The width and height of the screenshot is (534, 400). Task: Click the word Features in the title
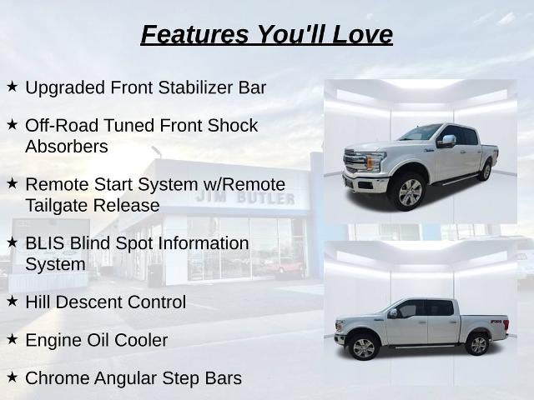coord(194,34)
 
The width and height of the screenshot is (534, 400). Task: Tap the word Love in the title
coord(362,34)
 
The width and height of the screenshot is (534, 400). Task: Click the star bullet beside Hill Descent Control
coord(12,301)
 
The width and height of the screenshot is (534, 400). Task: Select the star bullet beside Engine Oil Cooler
coord(12,339)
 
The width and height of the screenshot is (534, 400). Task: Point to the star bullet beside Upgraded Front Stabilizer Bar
coord(12,87)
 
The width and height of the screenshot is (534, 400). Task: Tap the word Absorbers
coord(67,147)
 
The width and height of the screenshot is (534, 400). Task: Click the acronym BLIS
coord(44,243)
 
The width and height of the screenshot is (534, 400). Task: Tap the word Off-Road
coord(62,126)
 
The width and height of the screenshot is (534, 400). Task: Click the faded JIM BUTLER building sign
coord(245,197)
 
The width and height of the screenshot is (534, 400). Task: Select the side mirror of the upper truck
coord(447,141)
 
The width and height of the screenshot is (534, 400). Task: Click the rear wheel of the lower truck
coord(478,344)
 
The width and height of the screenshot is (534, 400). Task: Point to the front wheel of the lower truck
coord(364,348)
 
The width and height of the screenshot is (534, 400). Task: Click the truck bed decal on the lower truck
coord(496,322)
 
